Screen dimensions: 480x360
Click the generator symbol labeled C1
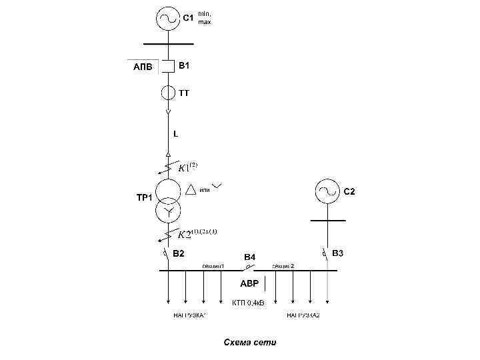(167, 18)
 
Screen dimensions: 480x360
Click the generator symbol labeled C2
(327, 192)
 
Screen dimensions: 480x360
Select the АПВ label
(143, 67)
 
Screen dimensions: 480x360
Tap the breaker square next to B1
(168, 67)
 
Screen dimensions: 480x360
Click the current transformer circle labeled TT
(168, 93)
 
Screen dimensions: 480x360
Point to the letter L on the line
(175, 134)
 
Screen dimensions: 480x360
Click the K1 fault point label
(187, 167)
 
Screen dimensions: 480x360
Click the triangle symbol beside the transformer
(191, 190)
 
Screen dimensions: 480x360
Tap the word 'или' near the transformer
(205, 190)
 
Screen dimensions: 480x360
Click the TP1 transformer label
(145, 198)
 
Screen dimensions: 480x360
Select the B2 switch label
(179, 254)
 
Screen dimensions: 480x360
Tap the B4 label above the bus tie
(249, 257)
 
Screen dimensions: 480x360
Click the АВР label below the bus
(250, 283)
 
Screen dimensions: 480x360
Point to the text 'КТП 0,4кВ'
(248, 303)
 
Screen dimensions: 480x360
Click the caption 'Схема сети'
(249, 343)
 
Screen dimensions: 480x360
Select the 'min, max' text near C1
(205, 18)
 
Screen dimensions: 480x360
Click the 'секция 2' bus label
(283, 266)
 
